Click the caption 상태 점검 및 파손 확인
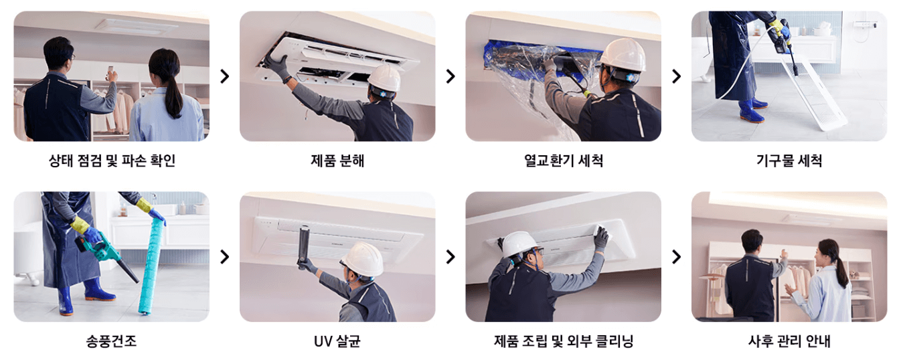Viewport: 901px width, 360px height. tap(112, 161)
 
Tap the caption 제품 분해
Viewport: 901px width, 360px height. tap(337, 161)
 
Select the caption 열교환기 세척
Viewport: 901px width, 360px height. tap(563, 161)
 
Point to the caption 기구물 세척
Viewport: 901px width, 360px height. tap(789, 161)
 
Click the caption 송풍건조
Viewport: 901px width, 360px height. tap(112, 341)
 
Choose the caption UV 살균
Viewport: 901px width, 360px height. tap(337, 341)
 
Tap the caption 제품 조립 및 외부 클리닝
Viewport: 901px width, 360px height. tap(563, 341)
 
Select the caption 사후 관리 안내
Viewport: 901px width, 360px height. tap(789, 341)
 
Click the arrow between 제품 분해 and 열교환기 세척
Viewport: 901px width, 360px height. tap(450, 76)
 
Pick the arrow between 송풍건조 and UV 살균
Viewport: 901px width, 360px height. tap(225, 257)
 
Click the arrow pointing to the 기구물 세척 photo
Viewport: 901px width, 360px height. tap(676, 76)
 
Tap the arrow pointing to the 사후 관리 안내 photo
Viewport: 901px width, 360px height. tap(676, 257)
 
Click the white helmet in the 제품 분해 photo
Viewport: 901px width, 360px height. tap(384, 78)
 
